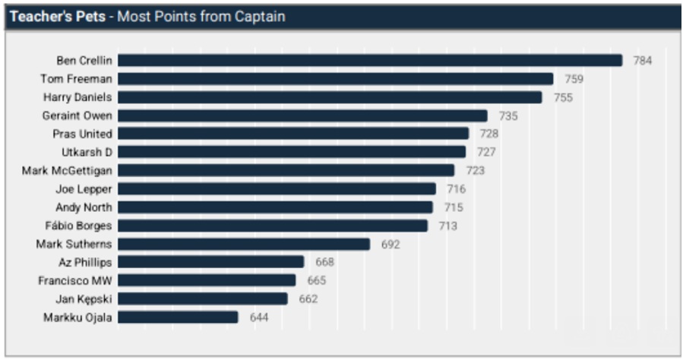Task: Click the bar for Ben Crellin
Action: pyautogui.click(x=369, y=61)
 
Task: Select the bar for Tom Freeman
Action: pyautogui.click(x=335, y=79)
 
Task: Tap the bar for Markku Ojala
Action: pyautogui.click(x=178, y=317)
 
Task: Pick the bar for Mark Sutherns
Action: pyautogui.click(x=243, y=244)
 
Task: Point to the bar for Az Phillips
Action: pyautogui.click(x=210, y=262)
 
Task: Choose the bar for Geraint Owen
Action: pyautogui.click(x=302, y=115)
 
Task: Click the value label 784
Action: pyautogui.click(x=643, y=61)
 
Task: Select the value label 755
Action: pyautogui.click(x=563, y=97)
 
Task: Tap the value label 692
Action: pyautogui.click(x=391, y=244)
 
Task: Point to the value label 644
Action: pyautogui.click(x=259, y=317)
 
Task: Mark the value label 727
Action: pyautogui.click(x=486, y=152)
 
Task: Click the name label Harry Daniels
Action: pyautogui.click(x=77, y=97)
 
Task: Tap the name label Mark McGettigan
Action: pyautogui.click(x=67, y=170)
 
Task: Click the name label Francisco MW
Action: pyautogui.click(x=74, y=280)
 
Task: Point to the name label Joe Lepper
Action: pyautogui.click(x=84, y=189)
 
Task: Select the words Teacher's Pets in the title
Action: pyautogui.click(x=57, y=16)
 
